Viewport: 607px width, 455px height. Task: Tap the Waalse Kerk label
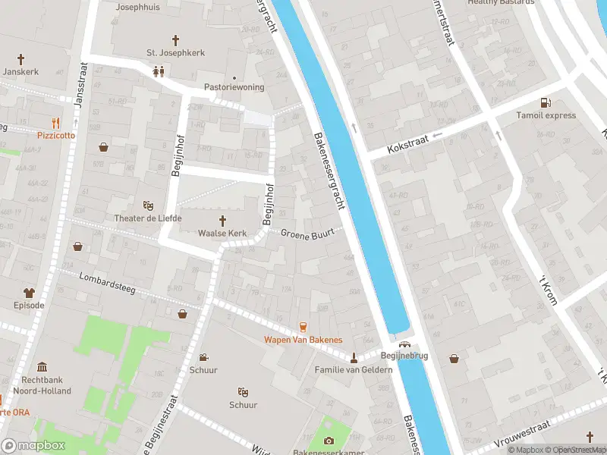[x=224, y=233]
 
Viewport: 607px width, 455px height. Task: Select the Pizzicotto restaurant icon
[x=55, y=122]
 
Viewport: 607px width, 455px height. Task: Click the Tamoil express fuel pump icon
[x=544, y=102]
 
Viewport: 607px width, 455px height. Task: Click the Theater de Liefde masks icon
[x=149, y=206]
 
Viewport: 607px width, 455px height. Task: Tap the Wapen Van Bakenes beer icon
[x=303, y=326]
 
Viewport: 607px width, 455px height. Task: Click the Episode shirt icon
[x=30, y=292]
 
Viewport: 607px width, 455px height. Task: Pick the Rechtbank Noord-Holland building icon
[x=41, y=366]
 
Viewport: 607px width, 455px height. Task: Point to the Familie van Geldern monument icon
[x=354, y=357]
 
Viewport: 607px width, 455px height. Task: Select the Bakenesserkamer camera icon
[x=329, y=441]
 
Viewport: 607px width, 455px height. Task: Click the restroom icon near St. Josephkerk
[x=159, y=71]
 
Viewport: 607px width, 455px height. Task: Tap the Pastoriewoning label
[x=234, y=87]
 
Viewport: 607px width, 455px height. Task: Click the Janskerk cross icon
[x=20, y=58]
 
